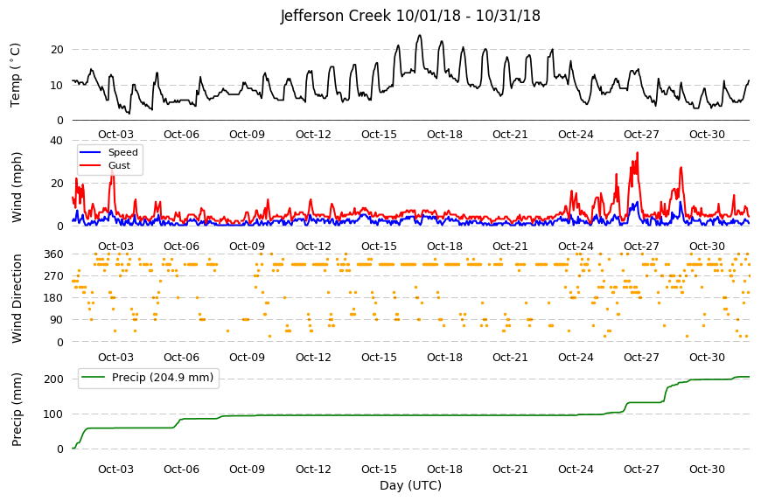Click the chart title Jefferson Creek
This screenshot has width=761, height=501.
(335, 16)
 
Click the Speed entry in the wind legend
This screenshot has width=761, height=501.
(122, 152)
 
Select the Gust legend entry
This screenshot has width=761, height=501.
(119, 165)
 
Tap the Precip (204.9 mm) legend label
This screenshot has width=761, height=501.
(163, 378)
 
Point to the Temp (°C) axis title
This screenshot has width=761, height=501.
(16, 75)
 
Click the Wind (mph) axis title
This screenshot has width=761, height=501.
(17, 187)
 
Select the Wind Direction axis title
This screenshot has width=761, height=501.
(17, 298)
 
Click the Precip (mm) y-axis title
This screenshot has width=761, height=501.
(17, 409)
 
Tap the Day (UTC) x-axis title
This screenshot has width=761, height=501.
(410, 485)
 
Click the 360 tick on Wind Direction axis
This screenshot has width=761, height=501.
(54, 254)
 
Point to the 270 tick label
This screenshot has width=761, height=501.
(54, 276)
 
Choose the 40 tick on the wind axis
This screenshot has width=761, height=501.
(56, 141)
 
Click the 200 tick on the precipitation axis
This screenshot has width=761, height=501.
(54, 379)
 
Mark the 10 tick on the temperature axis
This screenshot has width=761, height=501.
(57, 86)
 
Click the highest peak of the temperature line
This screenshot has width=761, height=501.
(420, 35)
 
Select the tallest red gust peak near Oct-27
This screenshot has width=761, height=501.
(638, 153)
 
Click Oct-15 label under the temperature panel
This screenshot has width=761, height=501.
(379, 135)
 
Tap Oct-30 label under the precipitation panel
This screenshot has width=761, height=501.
(707, 469)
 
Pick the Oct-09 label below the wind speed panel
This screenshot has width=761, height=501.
(247, 246)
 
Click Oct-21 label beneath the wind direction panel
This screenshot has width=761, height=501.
(510, 358)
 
